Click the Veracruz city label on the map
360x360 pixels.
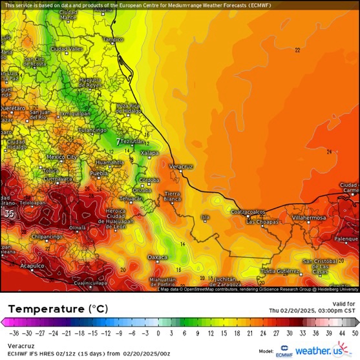click(x=181, y=166)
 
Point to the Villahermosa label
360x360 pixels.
click(x=310, y=218)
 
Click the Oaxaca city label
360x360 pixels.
click(x=158, y=257)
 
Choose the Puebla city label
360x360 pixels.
click(x=98, y=174)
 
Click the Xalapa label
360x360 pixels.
click(x=149, y=153)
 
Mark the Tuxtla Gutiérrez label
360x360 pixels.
click(x=278, y=270)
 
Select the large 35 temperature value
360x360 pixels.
click(x=9, y=213)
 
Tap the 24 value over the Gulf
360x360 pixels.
click(x=329, y=152)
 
